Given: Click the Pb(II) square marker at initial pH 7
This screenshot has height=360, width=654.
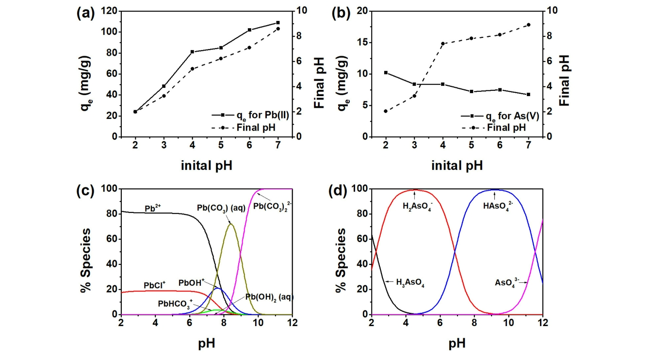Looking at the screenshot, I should (278, 23).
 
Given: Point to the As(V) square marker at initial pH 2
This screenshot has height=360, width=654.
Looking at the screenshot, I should (386, 73).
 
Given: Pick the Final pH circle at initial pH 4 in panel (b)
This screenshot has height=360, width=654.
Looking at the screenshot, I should (443, 44).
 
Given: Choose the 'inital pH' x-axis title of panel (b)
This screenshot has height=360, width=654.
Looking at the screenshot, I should (457, 165).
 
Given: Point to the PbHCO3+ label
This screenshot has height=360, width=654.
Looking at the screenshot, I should (175, 304).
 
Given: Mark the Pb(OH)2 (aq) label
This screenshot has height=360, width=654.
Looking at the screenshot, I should (269, 297).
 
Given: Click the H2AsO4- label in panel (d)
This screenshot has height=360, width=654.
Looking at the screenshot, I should (420, 206).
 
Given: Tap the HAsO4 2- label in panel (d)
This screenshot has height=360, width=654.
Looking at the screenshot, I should (495, 206).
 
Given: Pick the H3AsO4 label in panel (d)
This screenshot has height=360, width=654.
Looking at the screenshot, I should (413, 281).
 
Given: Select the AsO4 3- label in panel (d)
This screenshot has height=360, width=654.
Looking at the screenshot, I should (508, 282).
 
